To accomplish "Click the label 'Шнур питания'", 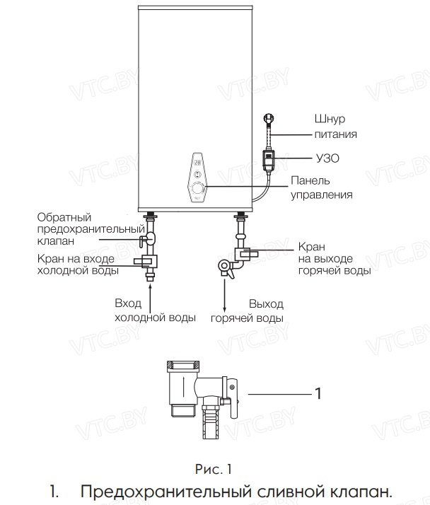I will click(335, 126).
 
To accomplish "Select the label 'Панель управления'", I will click(322, 187).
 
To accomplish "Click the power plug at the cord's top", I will click(269, 120).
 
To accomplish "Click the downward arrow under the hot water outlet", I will click(225, 297).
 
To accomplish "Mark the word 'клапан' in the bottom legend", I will click(353, 491).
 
